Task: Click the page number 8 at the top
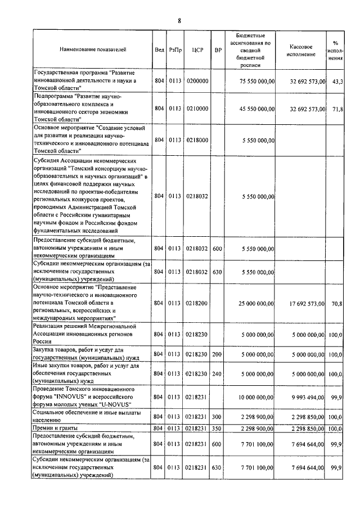click(x=179, y=21)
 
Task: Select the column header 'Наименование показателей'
click(x=93, y=50)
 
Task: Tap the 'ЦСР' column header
click(x=196, y=50)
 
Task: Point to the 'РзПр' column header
click(x=174, y=50)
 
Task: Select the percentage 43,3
click(x=338, y=82)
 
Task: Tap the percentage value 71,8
click(x=337, y=109)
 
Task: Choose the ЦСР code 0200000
click(x=197, y=82)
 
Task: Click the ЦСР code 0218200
click(x=197, y=304)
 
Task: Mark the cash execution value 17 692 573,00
click(x=303, y=304)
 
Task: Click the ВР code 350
click(x=217, y=429)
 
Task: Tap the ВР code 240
click(x=217, y=373)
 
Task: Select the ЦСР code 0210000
click(x=197, y=109)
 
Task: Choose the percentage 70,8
click(x=337, y=304)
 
